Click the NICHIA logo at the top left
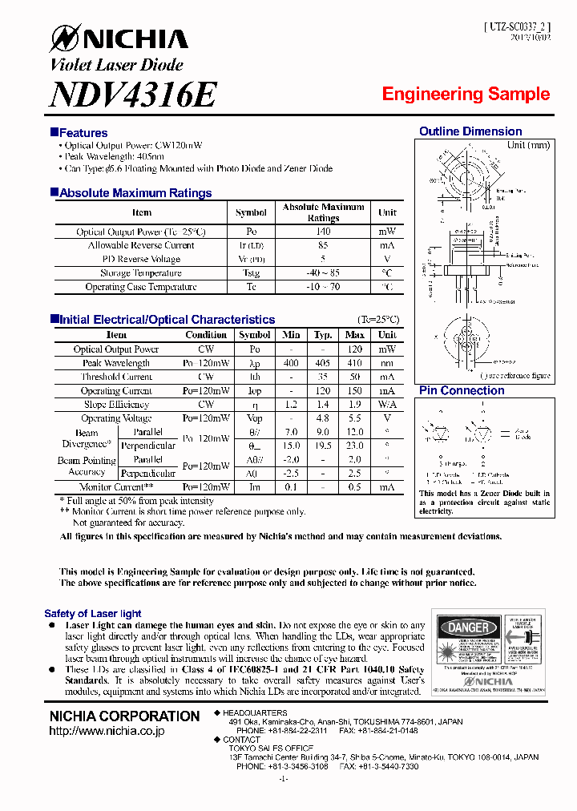click(119, 38)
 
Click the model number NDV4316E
click(133, 95)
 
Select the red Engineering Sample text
click(466, 94)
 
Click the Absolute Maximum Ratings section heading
click(135, 193)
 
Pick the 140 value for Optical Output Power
click(323, 232)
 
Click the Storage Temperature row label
click(141, 273)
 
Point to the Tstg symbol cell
click(251, 273)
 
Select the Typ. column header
click(323, 335)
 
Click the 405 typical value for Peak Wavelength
click(323, 363)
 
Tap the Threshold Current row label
click(116, 377)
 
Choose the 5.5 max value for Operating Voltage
click(354, 418)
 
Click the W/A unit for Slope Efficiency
click(387, 405)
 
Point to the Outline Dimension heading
click(470, 131)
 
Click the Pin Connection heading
click(462, 390)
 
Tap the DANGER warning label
click(467, 627)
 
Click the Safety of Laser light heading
click(93, 613)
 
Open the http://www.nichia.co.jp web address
click(107, 731)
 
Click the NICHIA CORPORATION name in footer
click(124, 716)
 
